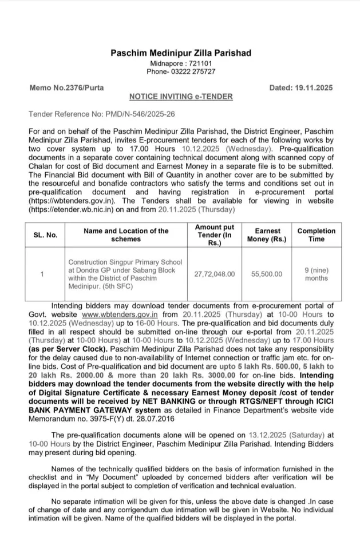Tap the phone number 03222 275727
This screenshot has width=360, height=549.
tap(191, 71)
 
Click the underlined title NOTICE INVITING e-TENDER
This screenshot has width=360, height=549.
tap(180, 97)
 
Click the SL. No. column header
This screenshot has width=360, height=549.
tap(45, 234)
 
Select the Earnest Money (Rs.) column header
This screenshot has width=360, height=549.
tap(267, 234)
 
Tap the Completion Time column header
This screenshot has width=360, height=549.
tap(316, 234)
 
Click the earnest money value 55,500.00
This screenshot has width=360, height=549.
tap(267, 274)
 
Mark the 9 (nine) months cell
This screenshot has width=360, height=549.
tap(316, 274)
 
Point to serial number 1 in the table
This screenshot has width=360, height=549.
tap(42, 274)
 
